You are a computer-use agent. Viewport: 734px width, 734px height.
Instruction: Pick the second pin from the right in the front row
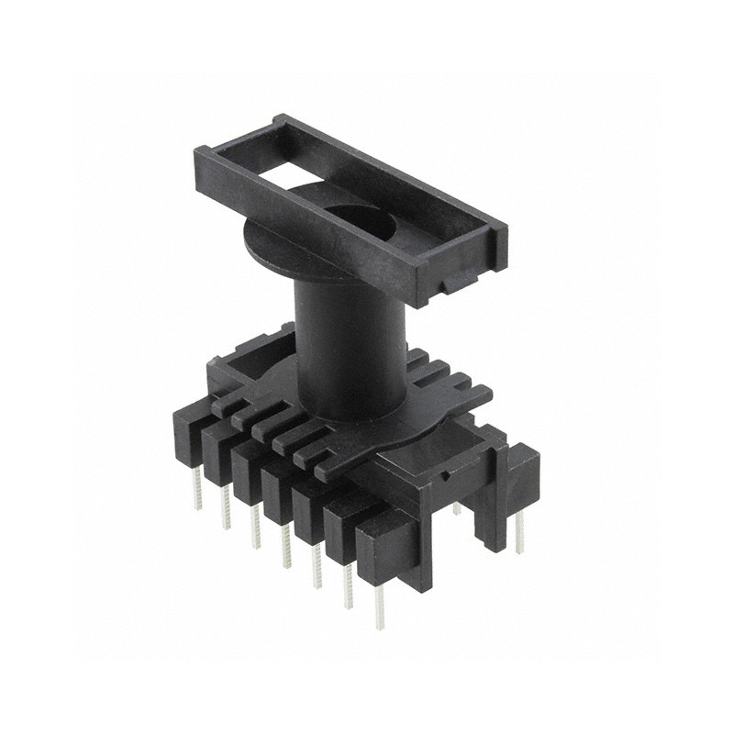click(x=348, y=587)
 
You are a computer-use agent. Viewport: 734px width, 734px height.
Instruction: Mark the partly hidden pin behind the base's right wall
click(x=456, y=507)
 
